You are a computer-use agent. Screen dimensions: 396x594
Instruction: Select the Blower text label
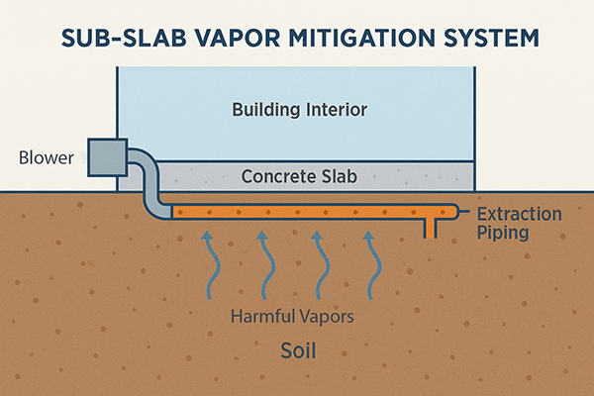click(x=43, y=157)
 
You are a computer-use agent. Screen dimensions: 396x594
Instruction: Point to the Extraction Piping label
click(x=518, y=223)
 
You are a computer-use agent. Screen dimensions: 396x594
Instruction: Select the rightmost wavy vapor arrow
click(x=370, y=262)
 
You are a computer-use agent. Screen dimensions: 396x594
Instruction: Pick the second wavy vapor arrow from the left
click(x=262, y=262)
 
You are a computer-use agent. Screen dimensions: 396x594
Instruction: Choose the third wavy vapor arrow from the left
click(x=317, y=262)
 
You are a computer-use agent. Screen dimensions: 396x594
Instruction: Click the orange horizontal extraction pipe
click(x=297, y=210)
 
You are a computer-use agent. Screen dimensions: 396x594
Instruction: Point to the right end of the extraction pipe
click(x=454, y=210)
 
